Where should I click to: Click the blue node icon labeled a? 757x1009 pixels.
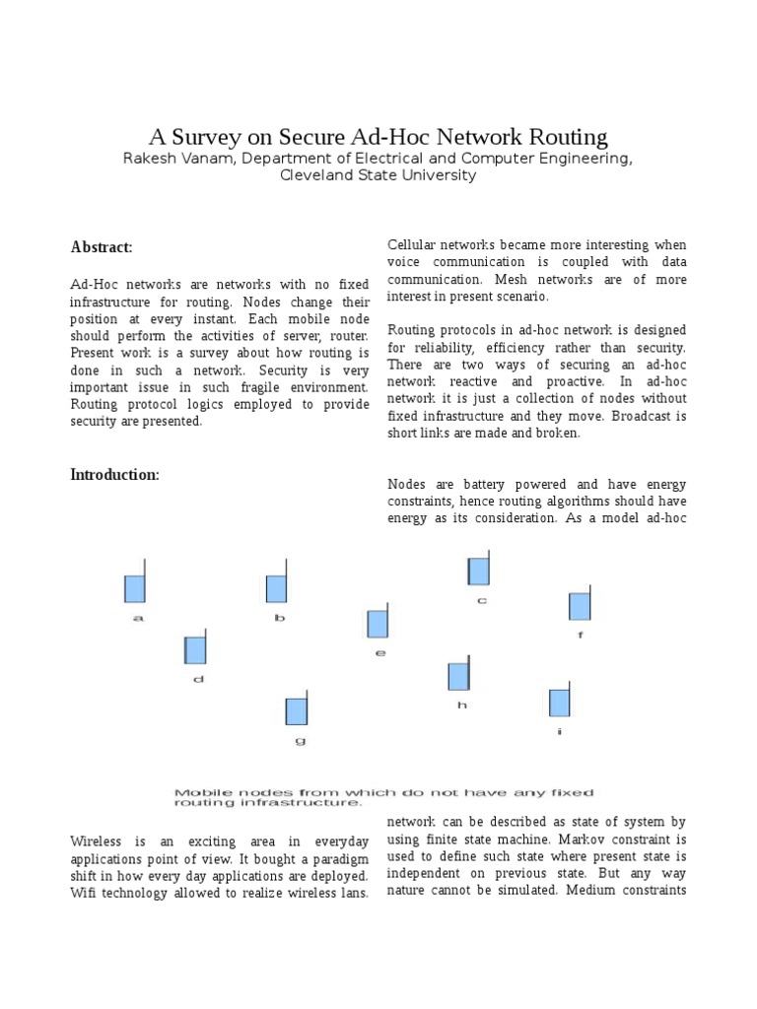[135, 588]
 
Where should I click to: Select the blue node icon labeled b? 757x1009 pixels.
[277, 588]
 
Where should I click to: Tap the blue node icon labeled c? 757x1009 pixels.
[479, 571]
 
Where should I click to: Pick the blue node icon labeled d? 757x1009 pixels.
[195, 649]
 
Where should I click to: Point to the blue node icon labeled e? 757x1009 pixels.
[378, 623]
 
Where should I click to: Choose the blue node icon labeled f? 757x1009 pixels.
[580, 605]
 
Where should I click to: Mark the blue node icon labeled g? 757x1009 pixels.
[297, 710]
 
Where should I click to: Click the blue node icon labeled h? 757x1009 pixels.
[458, 676]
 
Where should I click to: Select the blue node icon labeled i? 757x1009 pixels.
[560, 702]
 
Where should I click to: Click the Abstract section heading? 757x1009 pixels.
[102, 246]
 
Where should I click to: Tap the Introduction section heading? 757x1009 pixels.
[114, 475]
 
